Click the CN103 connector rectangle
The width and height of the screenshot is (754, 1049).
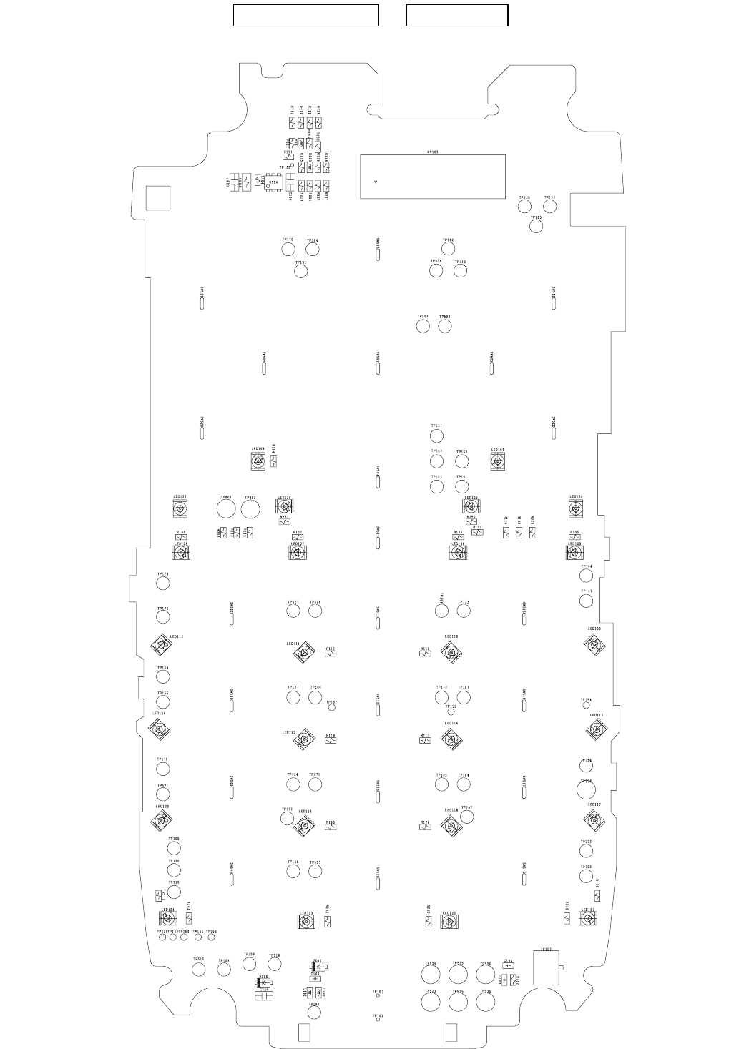click(x=432, y=176)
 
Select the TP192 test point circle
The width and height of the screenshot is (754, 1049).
click(x=449, y=248)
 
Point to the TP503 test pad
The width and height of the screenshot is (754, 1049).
click(x=423, y=326)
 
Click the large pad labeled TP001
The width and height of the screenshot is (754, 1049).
click(x=227, y=508)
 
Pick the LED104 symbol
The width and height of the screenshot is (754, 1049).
click(x=258, y=461)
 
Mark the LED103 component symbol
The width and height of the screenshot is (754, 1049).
click(x=498, y=462)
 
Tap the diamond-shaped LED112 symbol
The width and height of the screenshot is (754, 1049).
click(x=163, y=646)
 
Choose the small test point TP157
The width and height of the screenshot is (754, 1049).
click(x=331, y=709)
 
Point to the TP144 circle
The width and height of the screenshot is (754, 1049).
click(x=587, y=576)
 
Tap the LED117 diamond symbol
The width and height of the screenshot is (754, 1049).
click(x=593, y=819)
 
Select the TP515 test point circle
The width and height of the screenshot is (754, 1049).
click(x=199, y=969)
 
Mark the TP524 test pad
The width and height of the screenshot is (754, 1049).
click(x=430, y=974)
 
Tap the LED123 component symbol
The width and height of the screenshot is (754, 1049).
click(x=306, y=922)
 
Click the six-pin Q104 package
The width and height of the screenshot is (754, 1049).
click(x=273, y=182)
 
